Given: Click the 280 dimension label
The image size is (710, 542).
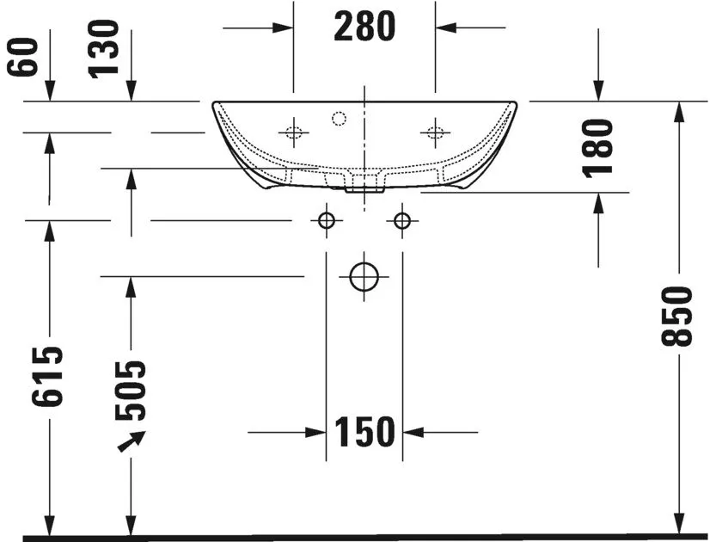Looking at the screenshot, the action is click(x=364, y=27).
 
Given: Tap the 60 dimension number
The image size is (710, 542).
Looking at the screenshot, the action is click(x=22, y=57).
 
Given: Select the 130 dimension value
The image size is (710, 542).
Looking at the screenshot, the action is click(x=103, y=49).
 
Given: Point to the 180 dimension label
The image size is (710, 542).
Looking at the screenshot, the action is click(x=597, y=148).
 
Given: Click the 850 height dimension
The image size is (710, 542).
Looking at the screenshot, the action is click(x=677, y=317).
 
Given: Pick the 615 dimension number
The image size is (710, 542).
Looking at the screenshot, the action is click(x=47, y=376).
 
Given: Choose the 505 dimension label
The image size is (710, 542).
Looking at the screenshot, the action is click(x=131, y=391).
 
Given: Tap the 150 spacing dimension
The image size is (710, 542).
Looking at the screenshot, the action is click(x=364, y=432).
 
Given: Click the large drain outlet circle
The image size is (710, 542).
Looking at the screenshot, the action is click(x=364, y=262).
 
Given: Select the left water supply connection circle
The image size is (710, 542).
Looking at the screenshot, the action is click(x=327, y=213).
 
